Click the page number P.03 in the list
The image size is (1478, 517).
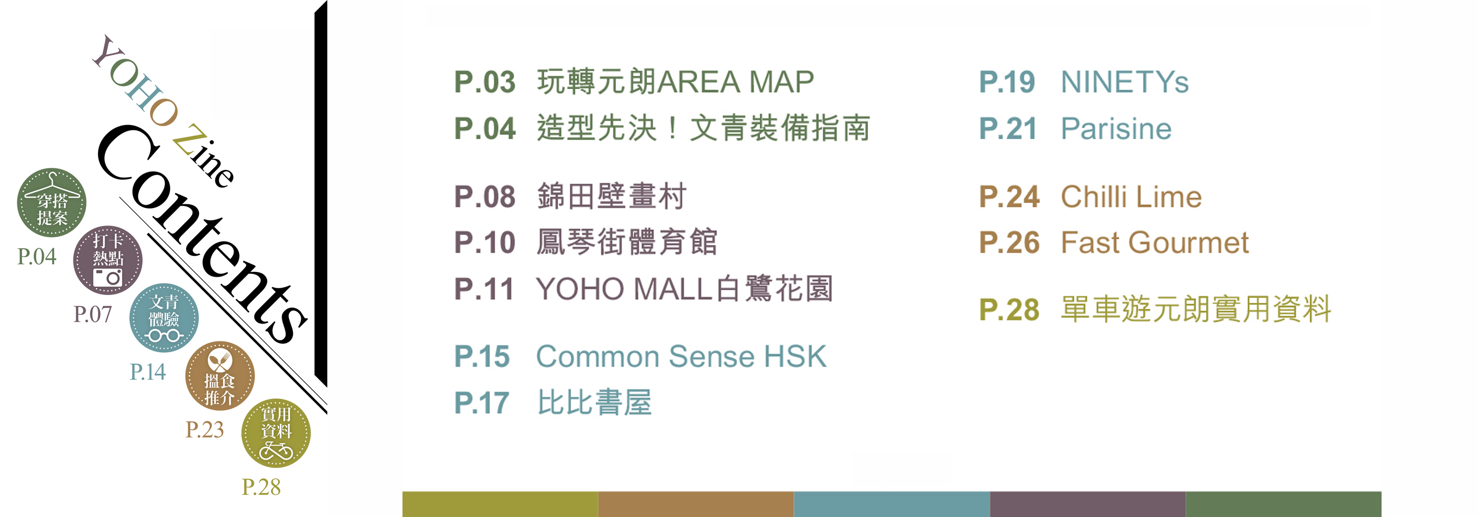[484, 82]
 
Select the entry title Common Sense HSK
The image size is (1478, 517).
[681, 356]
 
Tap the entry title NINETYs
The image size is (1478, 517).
[1125, 82]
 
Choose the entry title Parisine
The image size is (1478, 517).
[1116, 129]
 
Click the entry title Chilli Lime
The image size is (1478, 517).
[1131, 197]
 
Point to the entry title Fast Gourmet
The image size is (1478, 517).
[1154, 242]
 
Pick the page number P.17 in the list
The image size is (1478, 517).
[481, 403]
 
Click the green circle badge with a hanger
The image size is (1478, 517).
[52, 202]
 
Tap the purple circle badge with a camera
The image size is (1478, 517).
[108, 260]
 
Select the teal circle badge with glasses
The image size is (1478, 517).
[164, 317]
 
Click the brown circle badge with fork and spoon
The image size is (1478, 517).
[220, 375]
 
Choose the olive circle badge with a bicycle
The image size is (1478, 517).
[276, 433]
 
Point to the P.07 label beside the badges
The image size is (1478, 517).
[93, 314]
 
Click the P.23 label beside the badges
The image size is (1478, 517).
[205, 430]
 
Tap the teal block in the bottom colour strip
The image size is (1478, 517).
[891, 504]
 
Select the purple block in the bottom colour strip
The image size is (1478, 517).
[1088, 504]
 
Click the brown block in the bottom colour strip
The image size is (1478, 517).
[696, 504]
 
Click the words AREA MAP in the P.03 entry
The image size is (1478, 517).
[735, 82]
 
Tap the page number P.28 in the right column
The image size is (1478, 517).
[1009, 310]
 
